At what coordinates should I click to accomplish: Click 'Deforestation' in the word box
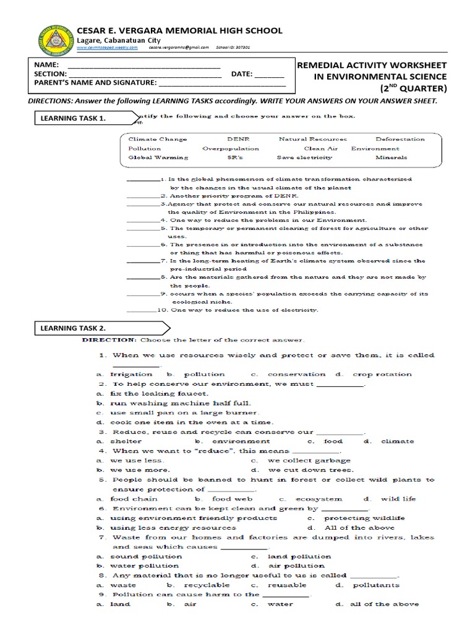[400, 139]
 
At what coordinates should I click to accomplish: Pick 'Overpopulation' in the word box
[230, 148]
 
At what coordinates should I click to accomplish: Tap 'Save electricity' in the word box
[304, 158]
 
